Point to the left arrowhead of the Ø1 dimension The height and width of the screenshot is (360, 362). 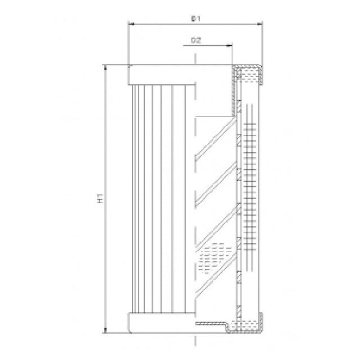click(x=131, y=24)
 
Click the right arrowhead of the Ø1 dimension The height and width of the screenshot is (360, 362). click(x=260, y=24)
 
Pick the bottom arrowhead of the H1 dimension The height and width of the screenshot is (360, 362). click(x=105, y=331)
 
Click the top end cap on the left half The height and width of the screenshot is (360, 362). click(x=161, y=74)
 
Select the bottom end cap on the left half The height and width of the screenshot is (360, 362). click(x=161, y=323)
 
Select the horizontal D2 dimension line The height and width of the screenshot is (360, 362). click(x=209, y=45)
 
